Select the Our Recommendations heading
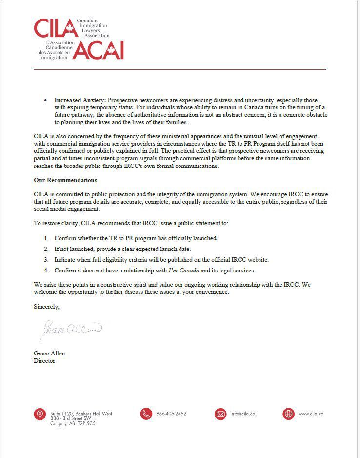[65, 180]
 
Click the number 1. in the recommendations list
[46, 238]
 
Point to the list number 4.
[46, 271]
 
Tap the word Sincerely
[46, 307]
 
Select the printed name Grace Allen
[49, 353]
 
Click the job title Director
[44, 361]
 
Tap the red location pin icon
[40, 414]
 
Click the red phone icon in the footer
[146, 414]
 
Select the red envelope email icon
[220, 414]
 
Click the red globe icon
[289, 414]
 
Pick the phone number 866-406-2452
[171, 414]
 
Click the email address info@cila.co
[242, 414]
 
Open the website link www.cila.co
[311, 414]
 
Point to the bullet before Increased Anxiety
[45, 101]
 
